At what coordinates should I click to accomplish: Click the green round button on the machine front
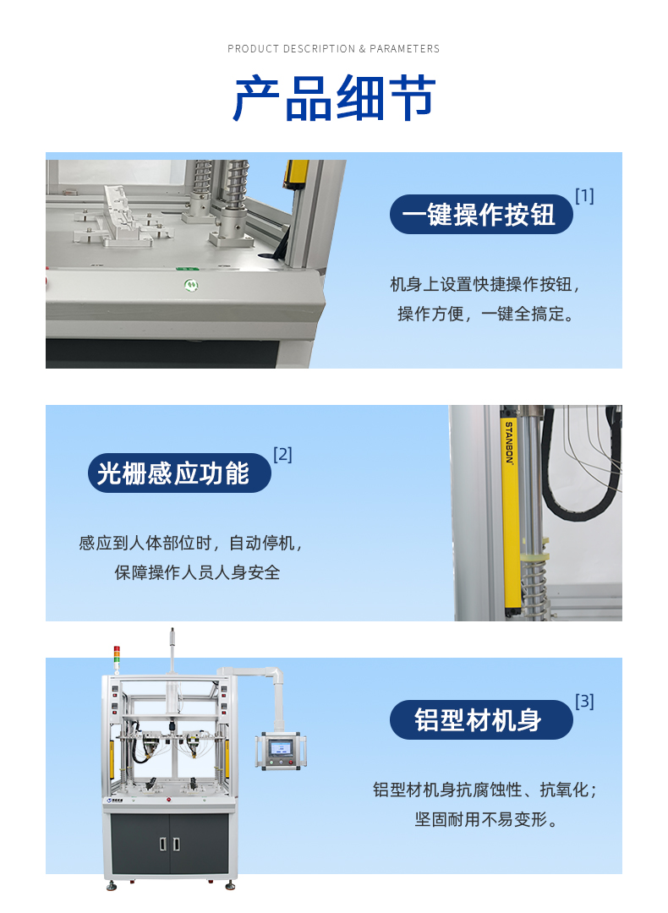191,286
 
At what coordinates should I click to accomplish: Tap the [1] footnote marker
584,196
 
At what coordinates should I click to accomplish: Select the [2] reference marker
282,454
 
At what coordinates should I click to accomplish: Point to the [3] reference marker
584,701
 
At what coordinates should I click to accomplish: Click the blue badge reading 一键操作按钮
481,214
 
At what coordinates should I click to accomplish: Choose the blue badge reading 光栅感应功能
179,473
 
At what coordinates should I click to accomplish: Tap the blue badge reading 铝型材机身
481,719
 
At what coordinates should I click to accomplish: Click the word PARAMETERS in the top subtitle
404,49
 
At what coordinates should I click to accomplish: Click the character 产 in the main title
256,98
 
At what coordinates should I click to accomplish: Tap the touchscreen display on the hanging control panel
280,747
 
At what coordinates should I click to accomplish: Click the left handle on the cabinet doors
163,844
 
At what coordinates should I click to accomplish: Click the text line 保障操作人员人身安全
197,573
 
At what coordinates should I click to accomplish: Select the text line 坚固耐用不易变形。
487,820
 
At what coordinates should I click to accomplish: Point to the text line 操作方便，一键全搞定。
487,314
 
